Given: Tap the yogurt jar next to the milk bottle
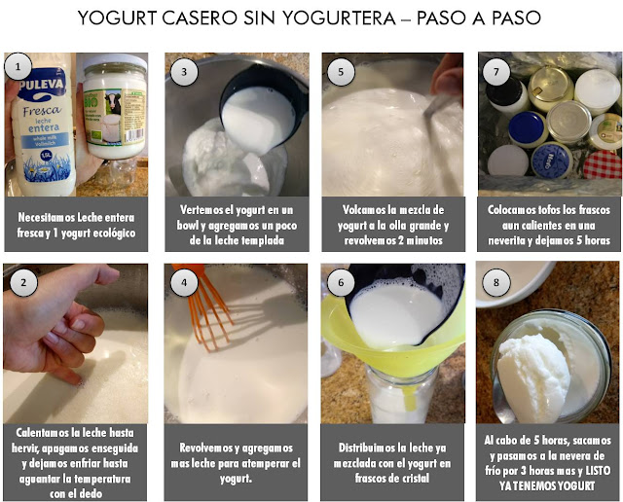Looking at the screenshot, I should click(113, 107).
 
